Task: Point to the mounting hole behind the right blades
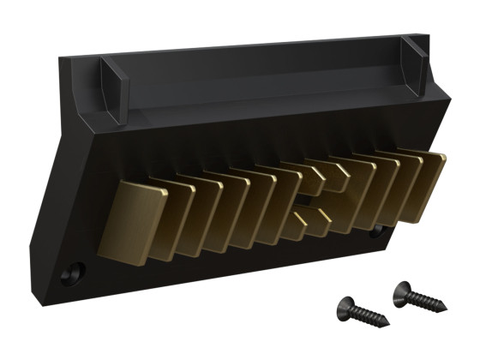pos(378,231)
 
